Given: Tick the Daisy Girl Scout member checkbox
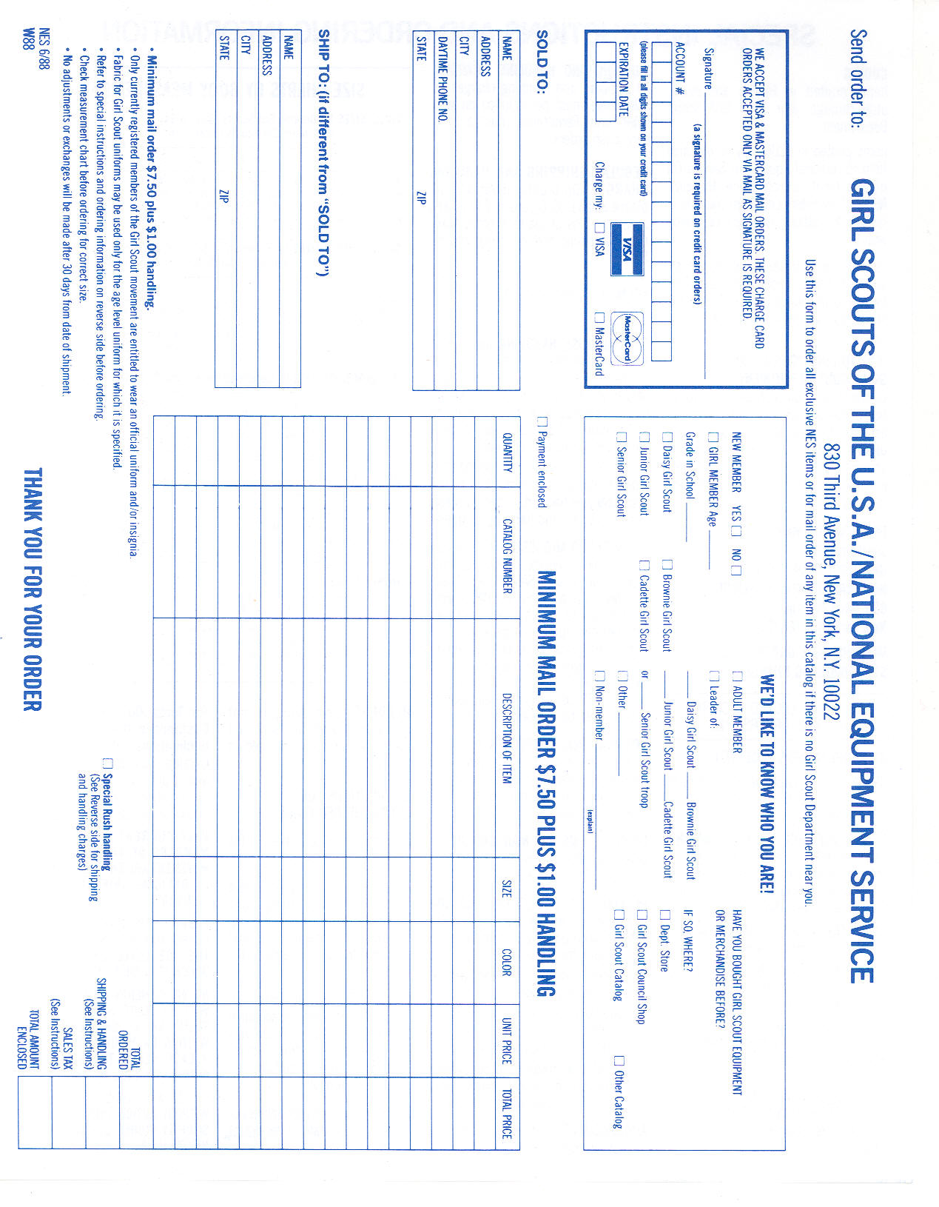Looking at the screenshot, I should click(x=667, y=437).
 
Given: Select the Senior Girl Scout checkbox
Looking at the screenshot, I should click(x=621, y=437).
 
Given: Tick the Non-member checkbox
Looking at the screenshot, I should click(x=600, y=675).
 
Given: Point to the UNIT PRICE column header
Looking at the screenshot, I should click(x=507, y=1040).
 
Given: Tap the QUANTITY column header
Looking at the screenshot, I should click(x=507, y=452).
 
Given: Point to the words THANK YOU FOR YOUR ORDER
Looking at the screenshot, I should click(x=33, y=589).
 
